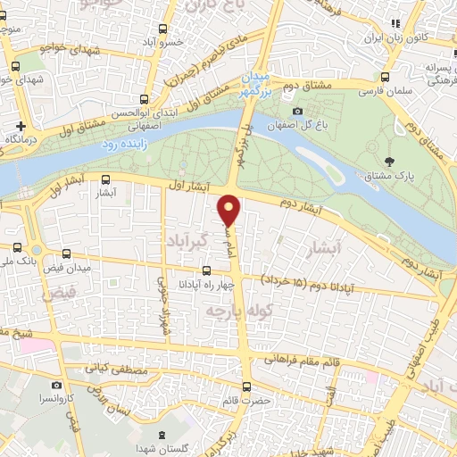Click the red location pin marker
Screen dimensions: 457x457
[x=230, y=209]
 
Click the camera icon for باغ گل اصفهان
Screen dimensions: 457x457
[x=297, y=111]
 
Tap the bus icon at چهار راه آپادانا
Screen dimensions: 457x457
[x=207, y=270]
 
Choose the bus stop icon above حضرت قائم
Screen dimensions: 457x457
[x=249, y=386]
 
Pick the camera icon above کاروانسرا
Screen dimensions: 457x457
[x=57, y=385]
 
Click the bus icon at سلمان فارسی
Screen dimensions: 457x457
[x=385, y=77]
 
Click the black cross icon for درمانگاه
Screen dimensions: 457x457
[x=20, y=126]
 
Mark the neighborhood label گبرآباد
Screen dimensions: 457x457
[x=188, y=242]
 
